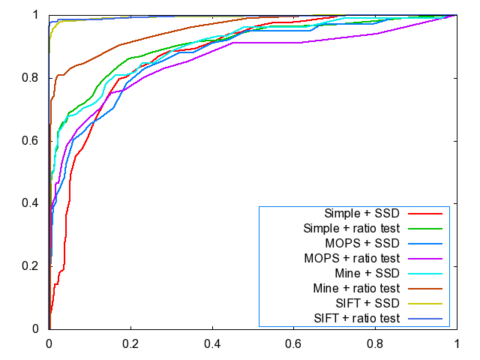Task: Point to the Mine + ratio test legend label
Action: tap(354, 288)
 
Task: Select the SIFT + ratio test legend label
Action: tap(354, 318)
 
